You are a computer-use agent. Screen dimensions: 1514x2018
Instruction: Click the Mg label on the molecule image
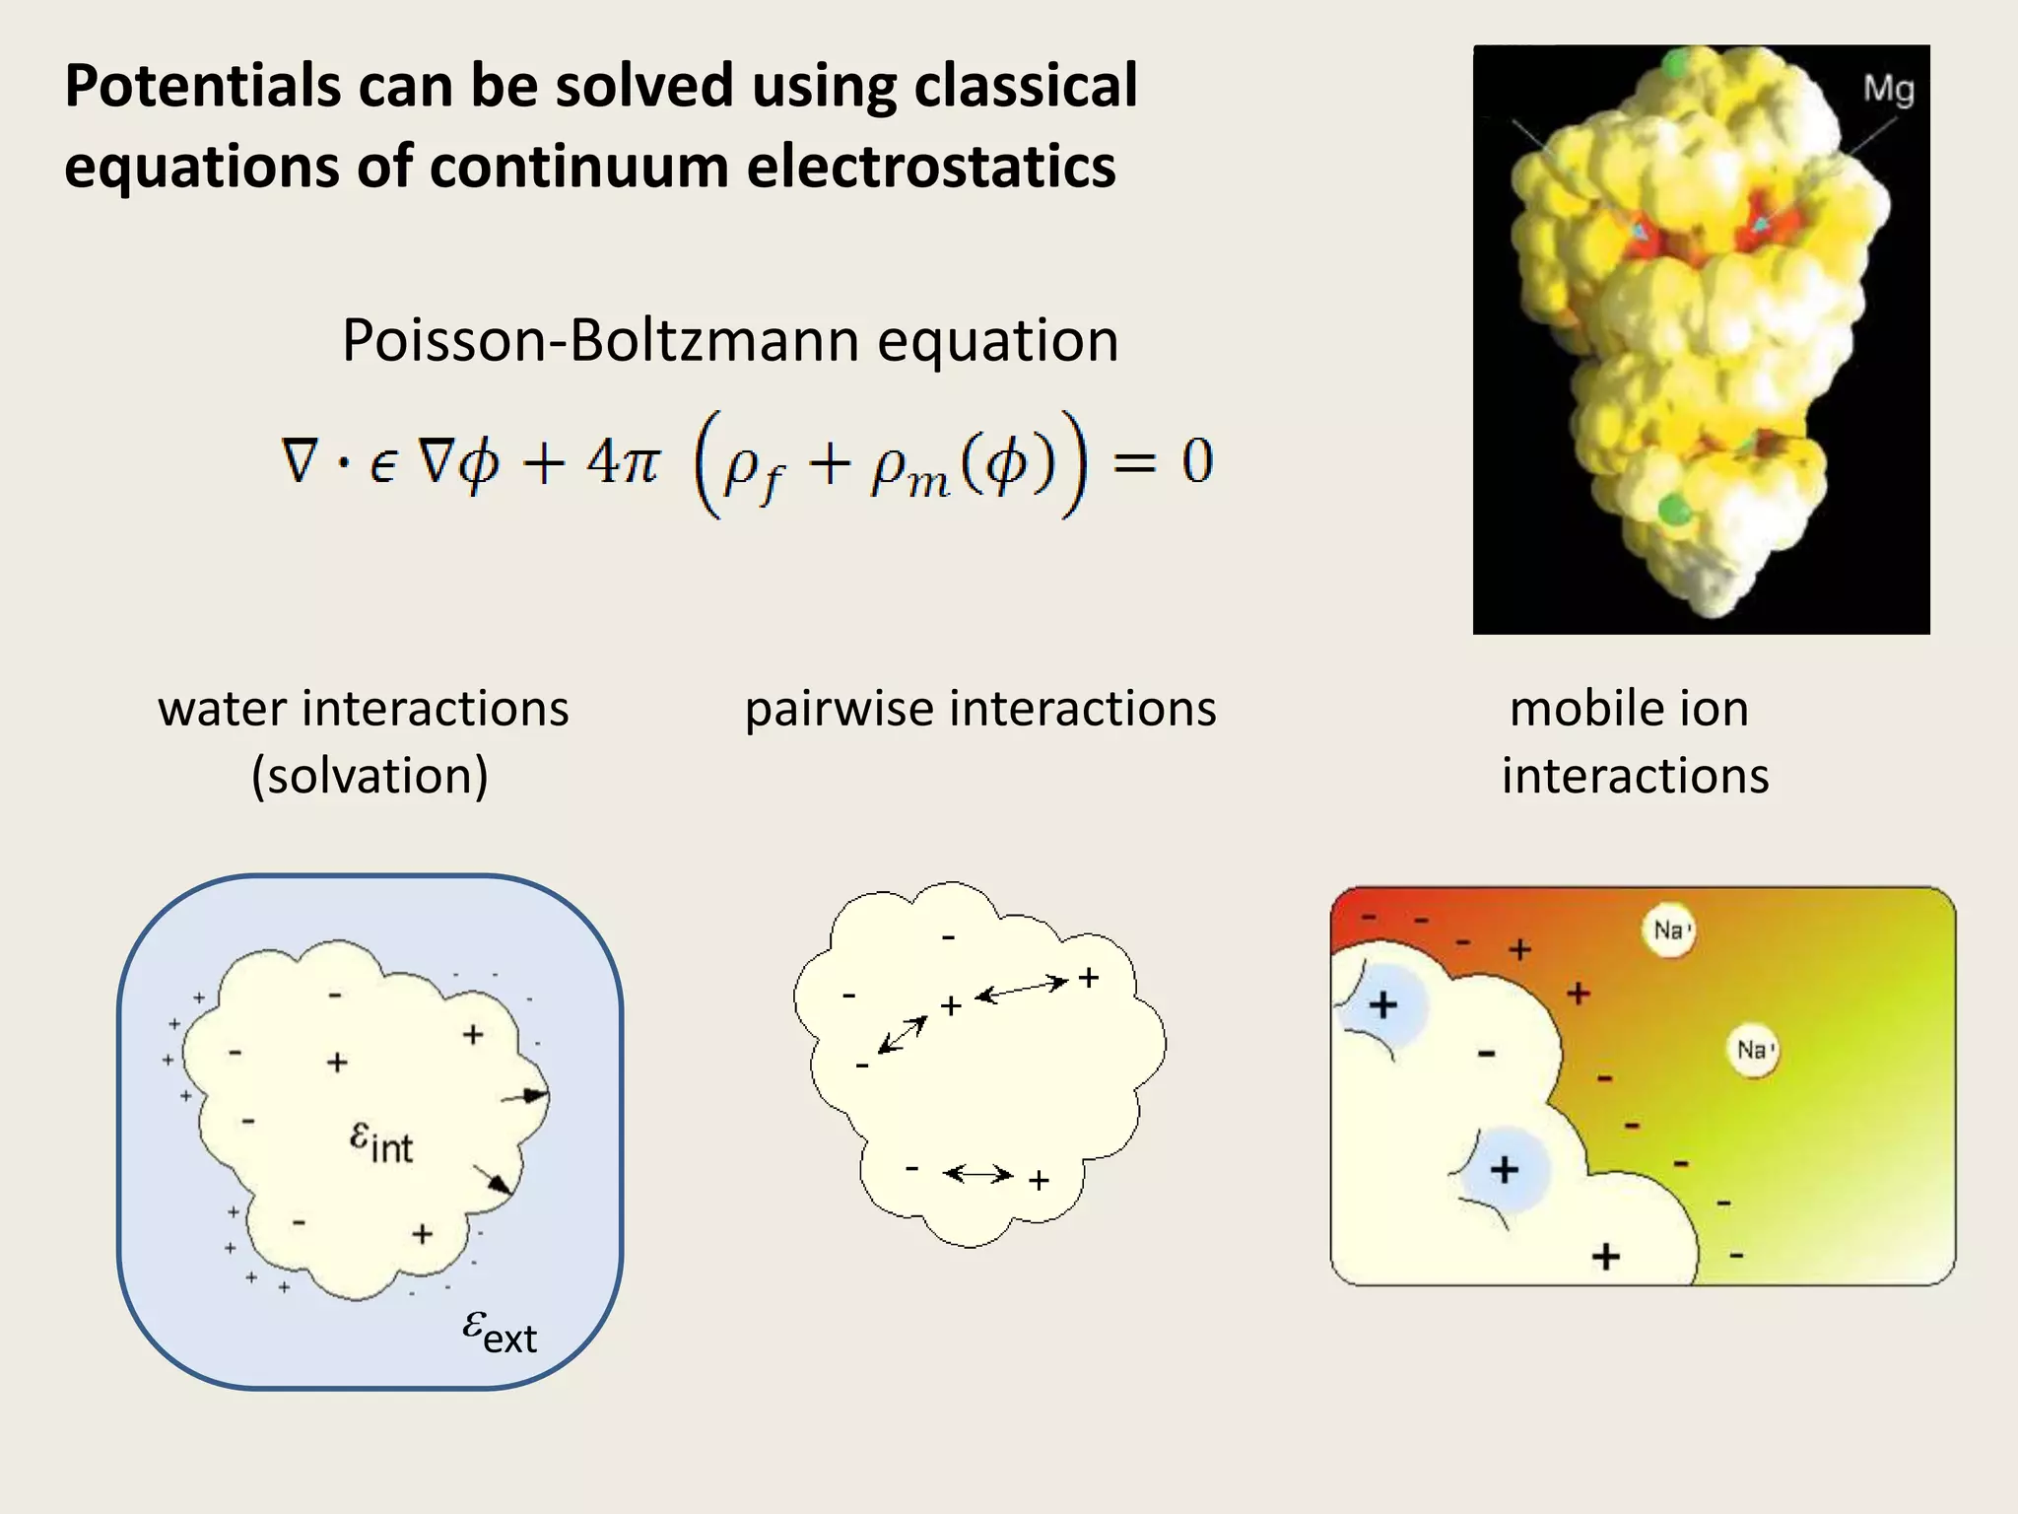click(1888, 90)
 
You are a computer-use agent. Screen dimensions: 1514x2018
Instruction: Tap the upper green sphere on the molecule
click(1675, 65)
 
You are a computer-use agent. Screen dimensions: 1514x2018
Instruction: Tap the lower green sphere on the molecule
click(1673, 511)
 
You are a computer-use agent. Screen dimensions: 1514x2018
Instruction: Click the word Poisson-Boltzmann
click(601, 341)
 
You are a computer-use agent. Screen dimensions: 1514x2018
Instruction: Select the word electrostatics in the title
click(931, 166)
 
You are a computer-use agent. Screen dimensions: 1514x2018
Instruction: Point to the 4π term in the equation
click(623, 460)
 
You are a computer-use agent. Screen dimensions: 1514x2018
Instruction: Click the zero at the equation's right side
click(1196, 460)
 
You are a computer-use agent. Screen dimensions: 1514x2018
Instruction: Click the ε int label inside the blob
click(381, 1142)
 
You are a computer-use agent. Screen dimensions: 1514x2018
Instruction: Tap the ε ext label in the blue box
click(500, 1332)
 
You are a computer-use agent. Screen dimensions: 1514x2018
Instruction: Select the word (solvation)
click(370, 776)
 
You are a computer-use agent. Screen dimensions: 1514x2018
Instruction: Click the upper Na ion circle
click(1668, 930)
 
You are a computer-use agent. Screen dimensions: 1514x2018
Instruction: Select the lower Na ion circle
click(1753, 1051)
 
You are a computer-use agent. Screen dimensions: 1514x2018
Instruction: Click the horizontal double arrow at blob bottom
click(977, 1174)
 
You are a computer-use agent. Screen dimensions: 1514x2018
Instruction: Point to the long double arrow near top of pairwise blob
click(1021, 989)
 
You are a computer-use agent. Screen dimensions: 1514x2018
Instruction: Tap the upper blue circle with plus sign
click(1384, 1004)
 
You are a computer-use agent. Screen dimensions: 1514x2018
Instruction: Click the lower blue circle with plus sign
click(1505, 1170)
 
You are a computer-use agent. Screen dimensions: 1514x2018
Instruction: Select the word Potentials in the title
click(203, 86)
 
